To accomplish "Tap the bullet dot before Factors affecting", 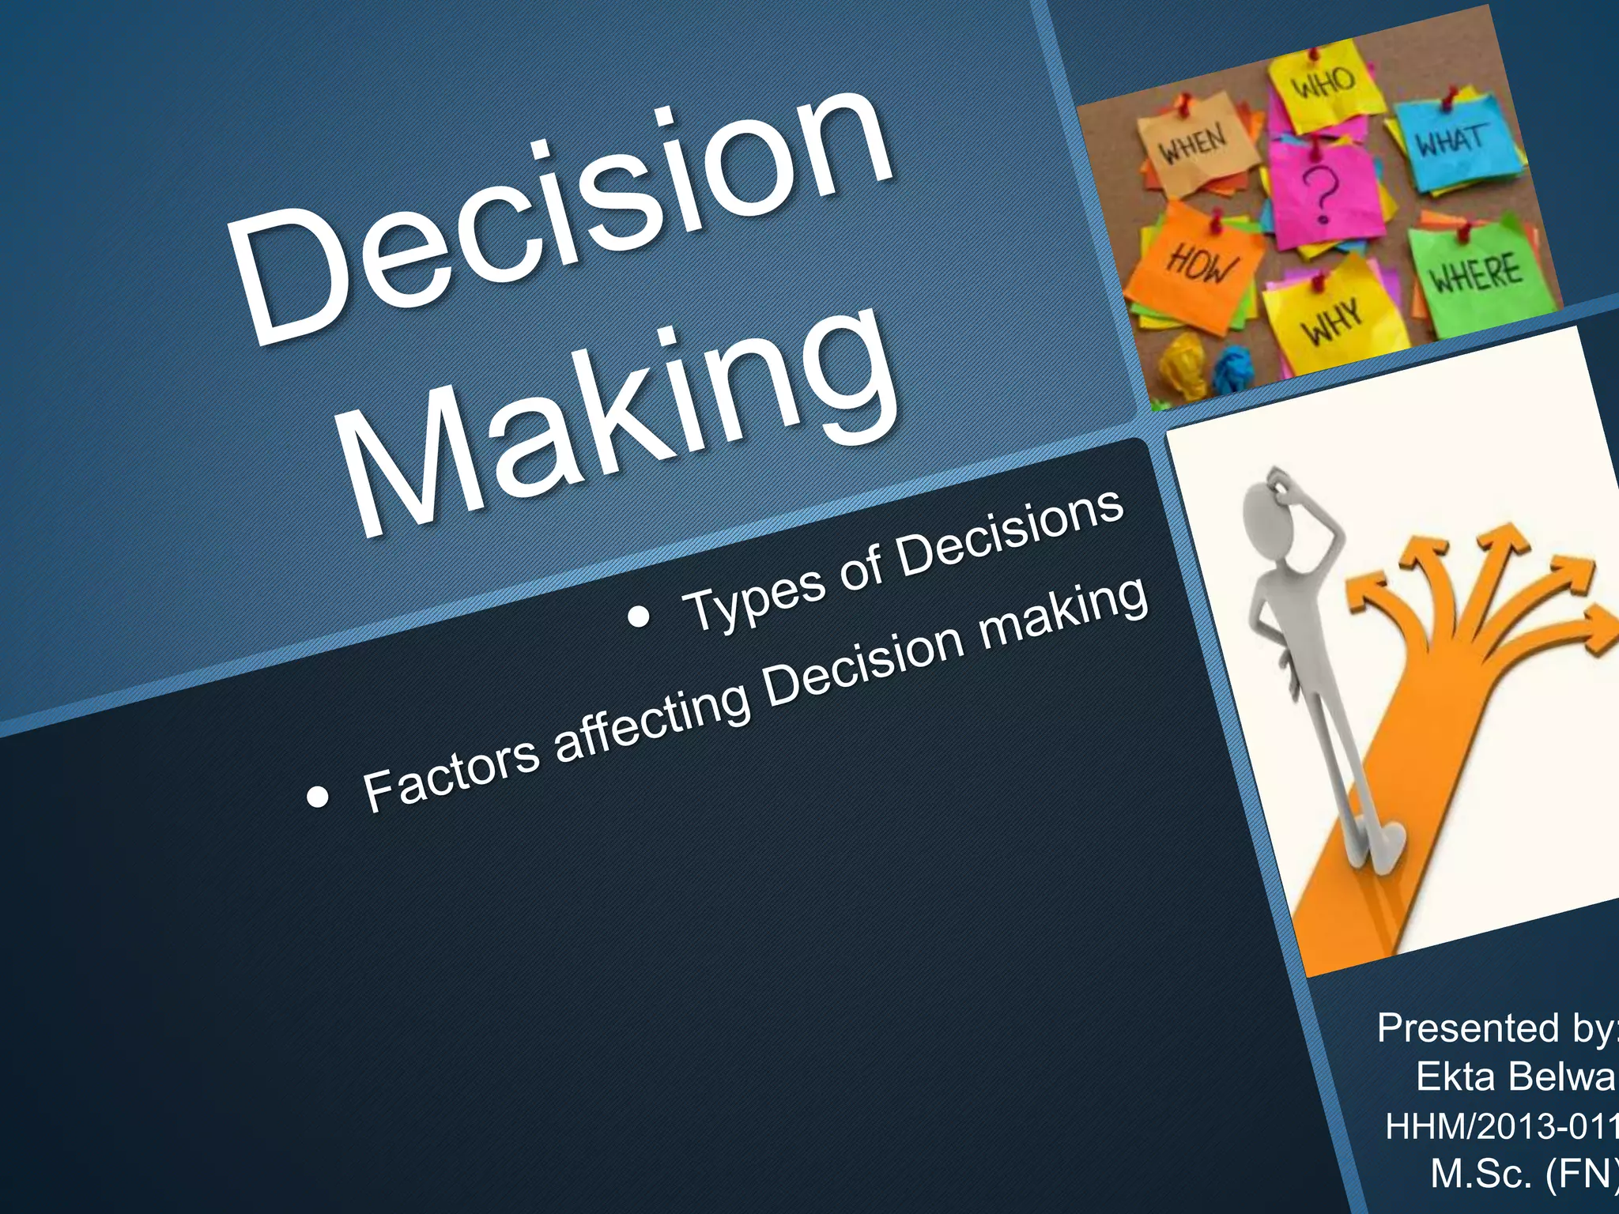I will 317,797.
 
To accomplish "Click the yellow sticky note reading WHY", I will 1332,320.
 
